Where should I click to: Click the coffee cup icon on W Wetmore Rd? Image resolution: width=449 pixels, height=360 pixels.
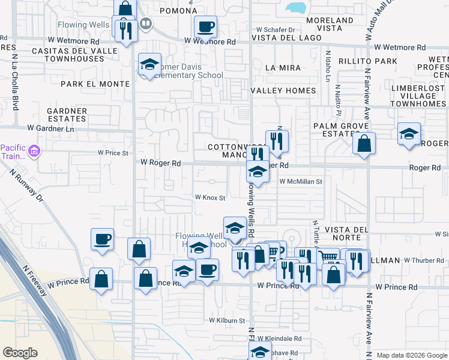pos(206,27)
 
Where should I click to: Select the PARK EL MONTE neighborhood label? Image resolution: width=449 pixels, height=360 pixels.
pos(95,84)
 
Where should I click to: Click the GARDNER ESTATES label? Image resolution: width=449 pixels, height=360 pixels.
pos(67,115)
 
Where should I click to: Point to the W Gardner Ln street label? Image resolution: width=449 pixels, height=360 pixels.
pos(50,128)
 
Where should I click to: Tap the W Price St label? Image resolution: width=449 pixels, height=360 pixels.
pos(112,153)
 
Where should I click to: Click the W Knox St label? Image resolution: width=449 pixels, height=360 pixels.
pos(209,197)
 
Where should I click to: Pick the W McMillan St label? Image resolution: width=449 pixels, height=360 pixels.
pos(301,181)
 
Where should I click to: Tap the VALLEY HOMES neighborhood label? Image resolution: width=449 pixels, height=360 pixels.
pos(283,91)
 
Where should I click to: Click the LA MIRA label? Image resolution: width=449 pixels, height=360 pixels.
pos(282,68)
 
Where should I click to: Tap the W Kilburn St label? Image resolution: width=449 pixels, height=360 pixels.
pos(227,321)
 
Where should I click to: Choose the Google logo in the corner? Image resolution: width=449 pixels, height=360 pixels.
pos(20,353)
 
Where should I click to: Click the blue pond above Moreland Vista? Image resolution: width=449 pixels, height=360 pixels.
pos(296,8)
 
